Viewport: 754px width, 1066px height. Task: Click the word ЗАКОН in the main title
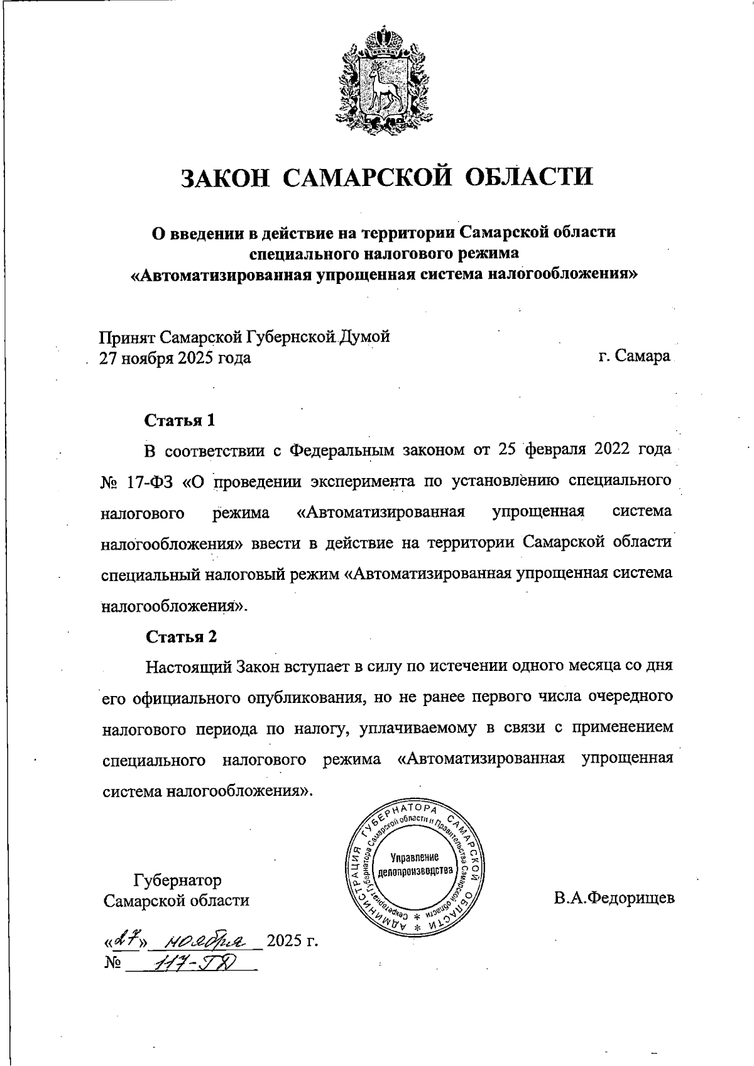[x=226, y=177]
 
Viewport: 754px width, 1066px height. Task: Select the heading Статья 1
[x=180, y=420]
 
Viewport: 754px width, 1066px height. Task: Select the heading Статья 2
[x=181, y=636]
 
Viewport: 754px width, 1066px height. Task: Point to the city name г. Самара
[x=634, y=357]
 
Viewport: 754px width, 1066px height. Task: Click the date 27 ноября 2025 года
[x=175, y=358]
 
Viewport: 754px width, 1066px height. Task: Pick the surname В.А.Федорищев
[x=614, y=898]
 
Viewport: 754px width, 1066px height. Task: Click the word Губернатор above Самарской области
[x=177, y=879]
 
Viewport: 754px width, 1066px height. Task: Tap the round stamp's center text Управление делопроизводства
[x=414, y=865]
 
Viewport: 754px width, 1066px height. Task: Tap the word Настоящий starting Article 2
[x=188, y=666]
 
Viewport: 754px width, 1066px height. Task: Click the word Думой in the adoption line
[x=366, y=337]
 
